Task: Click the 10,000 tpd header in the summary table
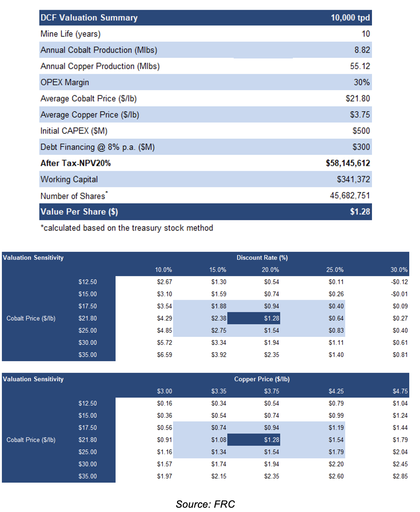(350, 18)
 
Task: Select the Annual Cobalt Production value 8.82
(362, 50)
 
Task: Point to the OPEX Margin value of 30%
(362, 82)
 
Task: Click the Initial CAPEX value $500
(361, 131)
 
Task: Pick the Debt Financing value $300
(361, 147)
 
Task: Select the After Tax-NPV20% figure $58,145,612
(348, 163)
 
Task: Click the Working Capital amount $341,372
(353, 179)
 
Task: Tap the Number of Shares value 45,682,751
(349, 195)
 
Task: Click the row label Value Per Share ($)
(79, 212)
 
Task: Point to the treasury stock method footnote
(127, 228)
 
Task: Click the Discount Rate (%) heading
(262, 257)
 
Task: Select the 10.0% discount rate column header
(163, 270)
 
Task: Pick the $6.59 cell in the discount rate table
(164, 355)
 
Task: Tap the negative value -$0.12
(399, 282)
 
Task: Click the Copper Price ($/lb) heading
(262, 379)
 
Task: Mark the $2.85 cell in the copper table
(400, 476)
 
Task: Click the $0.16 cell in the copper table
(164, 403)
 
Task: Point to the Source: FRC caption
(205, 504)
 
